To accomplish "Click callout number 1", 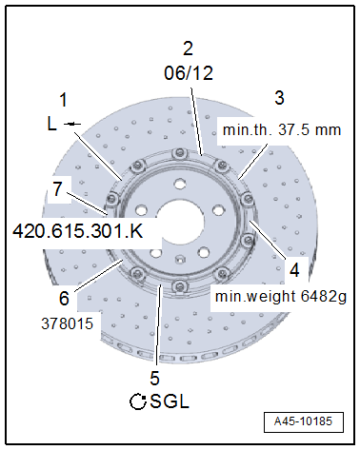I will (63, 99).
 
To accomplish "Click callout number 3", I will (278, 97).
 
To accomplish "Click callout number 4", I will (294, 269).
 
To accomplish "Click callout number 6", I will (63, 298).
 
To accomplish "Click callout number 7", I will (57, 189).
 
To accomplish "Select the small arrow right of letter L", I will (73, 124).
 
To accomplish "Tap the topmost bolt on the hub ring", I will (178, 156).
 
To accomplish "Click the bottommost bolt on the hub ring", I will (176, 288).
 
